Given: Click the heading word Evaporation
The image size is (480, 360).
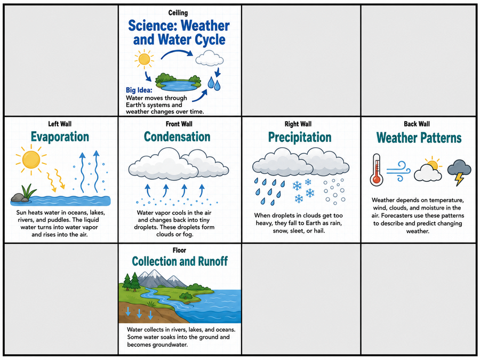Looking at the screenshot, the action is pos(60,137).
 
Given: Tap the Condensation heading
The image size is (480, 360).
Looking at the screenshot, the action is pos(177,137).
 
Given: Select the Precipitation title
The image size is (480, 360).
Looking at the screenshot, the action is pos(300,138).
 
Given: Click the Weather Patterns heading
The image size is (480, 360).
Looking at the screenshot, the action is pos(419,138).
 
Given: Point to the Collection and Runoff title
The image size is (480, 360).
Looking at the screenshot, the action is pos(180,261).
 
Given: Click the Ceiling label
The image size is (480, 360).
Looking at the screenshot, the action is pos(178,13).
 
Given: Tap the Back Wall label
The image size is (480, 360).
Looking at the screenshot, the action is pos(417,124).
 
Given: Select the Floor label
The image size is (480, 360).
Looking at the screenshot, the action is pos(179,251).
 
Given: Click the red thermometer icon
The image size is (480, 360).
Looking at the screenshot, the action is pos(377,170).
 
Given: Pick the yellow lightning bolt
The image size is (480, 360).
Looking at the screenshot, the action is pos(459,179).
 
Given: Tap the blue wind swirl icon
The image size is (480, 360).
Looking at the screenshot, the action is pos(398,171).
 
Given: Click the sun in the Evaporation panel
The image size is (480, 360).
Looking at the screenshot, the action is pos(31,160).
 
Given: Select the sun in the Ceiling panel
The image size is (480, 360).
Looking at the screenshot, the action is pos(144,59).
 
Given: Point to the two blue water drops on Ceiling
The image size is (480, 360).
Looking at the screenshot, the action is pos(214,84).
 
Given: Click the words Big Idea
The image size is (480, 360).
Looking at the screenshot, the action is pos(139,90).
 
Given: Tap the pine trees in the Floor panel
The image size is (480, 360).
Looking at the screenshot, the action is pos(131,282).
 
